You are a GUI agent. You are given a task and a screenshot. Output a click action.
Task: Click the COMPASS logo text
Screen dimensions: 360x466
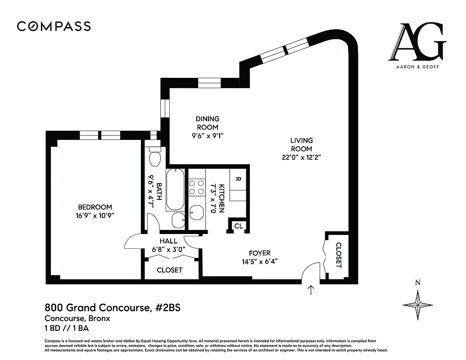click(54, 26)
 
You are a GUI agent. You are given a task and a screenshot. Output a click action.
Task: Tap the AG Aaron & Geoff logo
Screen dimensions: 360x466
click(417, 45)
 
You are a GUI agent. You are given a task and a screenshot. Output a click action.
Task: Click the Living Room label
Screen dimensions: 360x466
click(301, 144)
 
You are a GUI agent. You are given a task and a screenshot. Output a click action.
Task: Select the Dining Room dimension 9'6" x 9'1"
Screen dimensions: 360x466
click(207, 135)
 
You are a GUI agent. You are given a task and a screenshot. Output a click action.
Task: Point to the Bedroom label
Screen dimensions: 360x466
click(95, 207)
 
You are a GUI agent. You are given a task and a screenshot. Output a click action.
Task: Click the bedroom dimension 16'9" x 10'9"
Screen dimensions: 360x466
click(95, 215)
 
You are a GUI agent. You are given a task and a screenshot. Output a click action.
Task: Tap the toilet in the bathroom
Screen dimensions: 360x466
click(155, 157)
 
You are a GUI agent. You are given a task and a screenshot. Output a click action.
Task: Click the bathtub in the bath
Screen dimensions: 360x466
click(175, 189)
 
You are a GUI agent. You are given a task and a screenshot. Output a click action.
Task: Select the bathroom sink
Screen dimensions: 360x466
click(178, 220)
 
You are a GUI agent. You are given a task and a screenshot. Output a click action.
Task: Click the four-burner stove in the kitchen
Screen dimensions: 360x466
click(197, 188)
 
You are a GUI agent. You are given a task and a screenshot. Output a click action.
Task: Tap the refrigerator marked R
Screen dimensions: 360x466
click(238, 179)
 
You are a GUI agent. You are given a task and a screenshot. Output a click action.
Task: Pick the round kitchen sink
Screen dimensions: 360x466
click(197, 212)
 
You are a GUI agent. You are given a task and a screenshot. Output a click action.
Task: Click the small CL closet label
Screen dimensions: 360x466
click(239, 226)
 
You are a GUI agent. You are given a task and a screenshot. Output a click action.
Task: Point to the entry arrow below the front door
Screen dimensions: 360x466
click(311, 289)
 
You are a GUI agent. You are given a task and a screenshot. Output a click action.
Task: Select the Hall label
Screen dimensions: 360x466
click(168, 241)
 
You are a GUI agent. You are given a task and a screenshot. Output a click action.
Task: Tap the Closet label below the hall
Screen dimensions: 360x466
click(170, 270)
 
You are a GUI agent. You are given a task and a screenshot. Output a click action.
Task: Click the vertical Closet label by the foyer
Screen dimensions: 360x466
click(339, 255)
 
